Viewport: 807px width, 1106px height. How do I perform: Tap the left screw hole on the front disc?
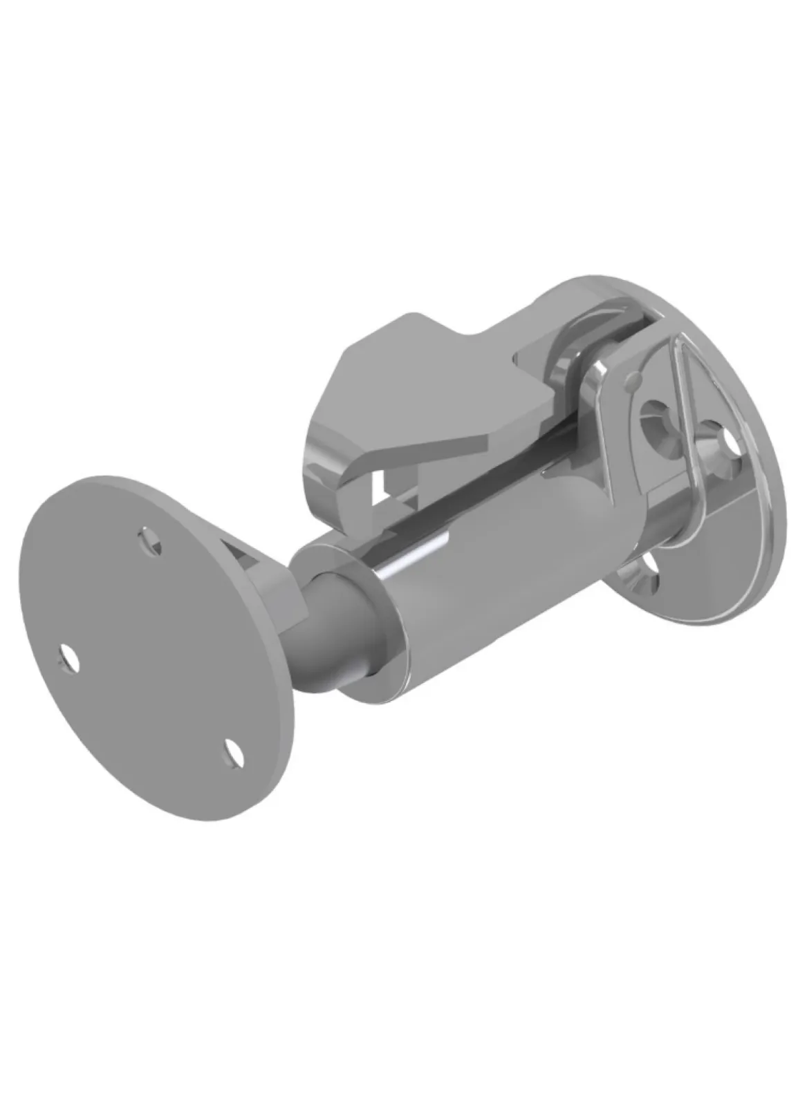68,657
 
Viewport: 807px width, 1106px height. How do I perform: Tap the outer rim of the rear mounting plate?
761,387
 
